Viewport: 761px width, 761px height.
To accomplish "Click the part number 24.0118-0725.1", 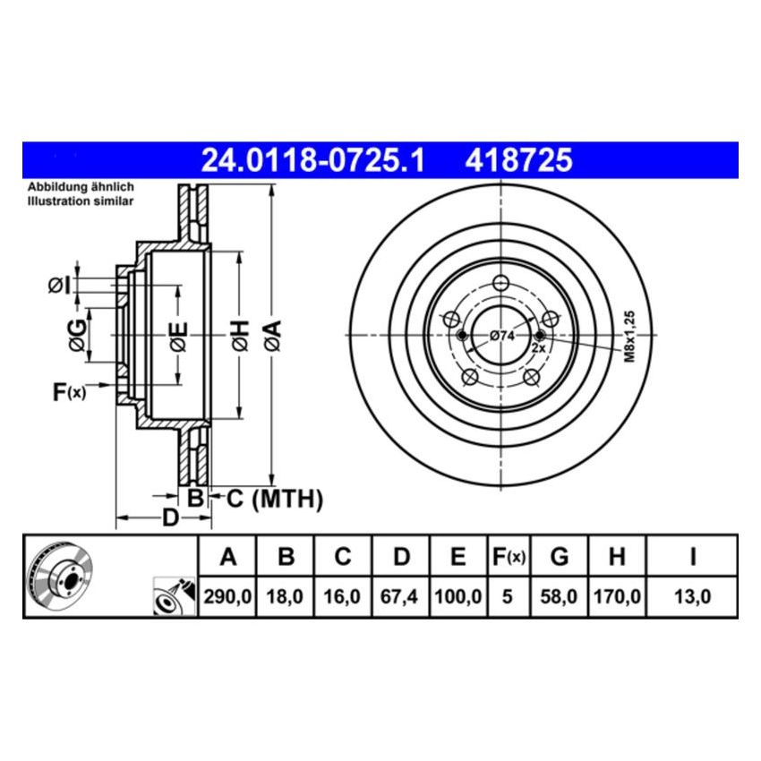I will pos(312,160).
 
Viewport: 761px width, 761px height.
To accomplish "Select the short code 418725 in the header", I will pos(517,160).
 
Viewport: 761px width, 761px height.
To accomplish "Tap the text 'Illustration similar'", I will pos(81,201).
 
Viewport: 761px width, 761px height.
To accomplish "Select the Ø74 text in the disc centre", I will pos(501,336).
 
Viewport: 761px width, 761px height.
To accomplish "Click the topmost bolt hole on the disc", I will pos(500,283).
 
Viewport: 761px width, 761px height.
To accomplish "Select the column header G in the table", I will pos(559,557).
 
